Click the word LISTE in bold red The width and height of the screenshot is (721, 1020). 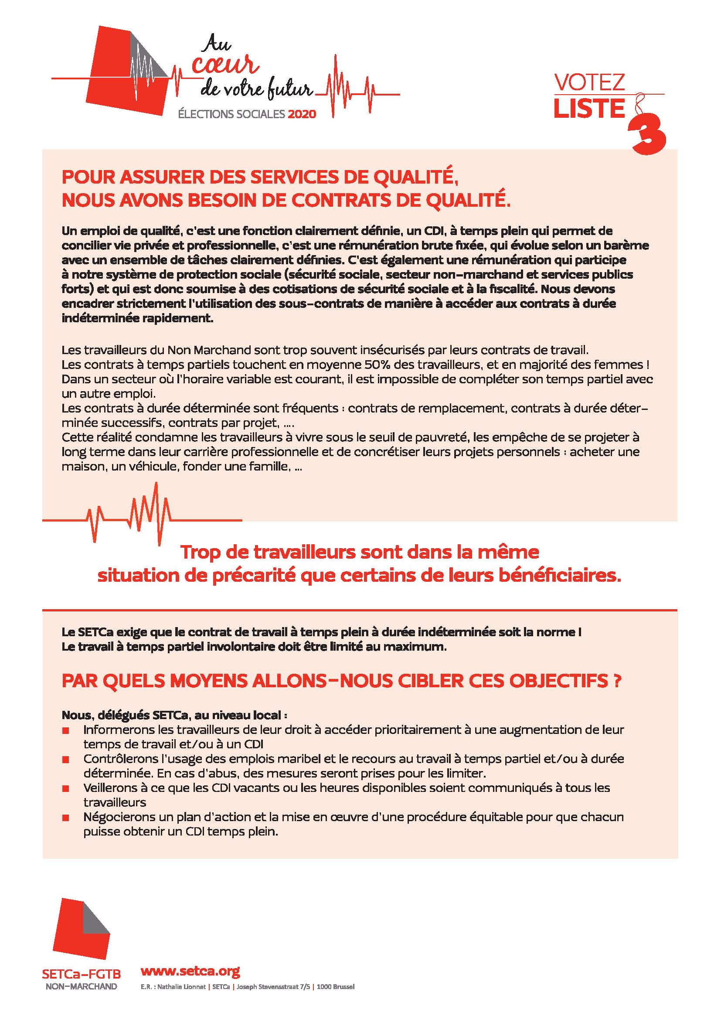point(589,109)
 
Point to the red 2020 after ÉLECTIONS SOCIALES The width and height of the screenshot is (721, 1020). point(302,114)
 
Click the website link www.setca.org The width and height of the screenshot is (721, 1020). point(190,971)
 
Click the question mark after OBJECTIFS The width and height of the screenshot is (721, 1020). point(616,681)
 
